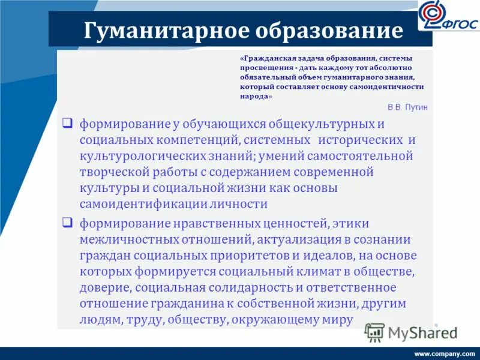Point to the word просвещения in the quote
(x=261, y=68)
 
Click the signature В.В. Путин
(x=408, y=107)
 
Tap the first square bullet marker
(x=68, y=124)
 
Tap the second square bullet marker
(x=68, y=223)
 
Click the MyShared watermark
(x=412, y=332)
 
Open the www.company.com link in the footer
(x=445, y=354)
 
